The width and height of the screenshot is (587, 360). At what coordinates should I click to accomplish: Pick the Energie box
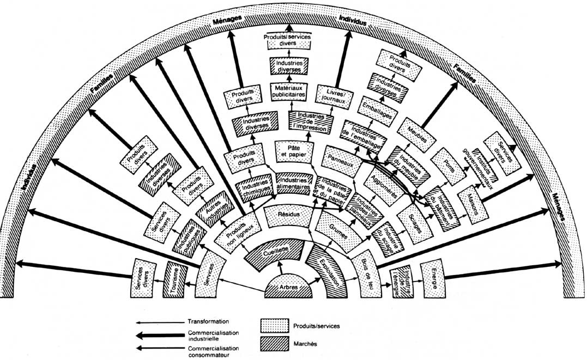pos(433,279)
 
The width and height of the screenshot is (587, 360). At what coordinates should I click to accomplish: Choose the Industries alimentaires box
pos(294,184)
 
